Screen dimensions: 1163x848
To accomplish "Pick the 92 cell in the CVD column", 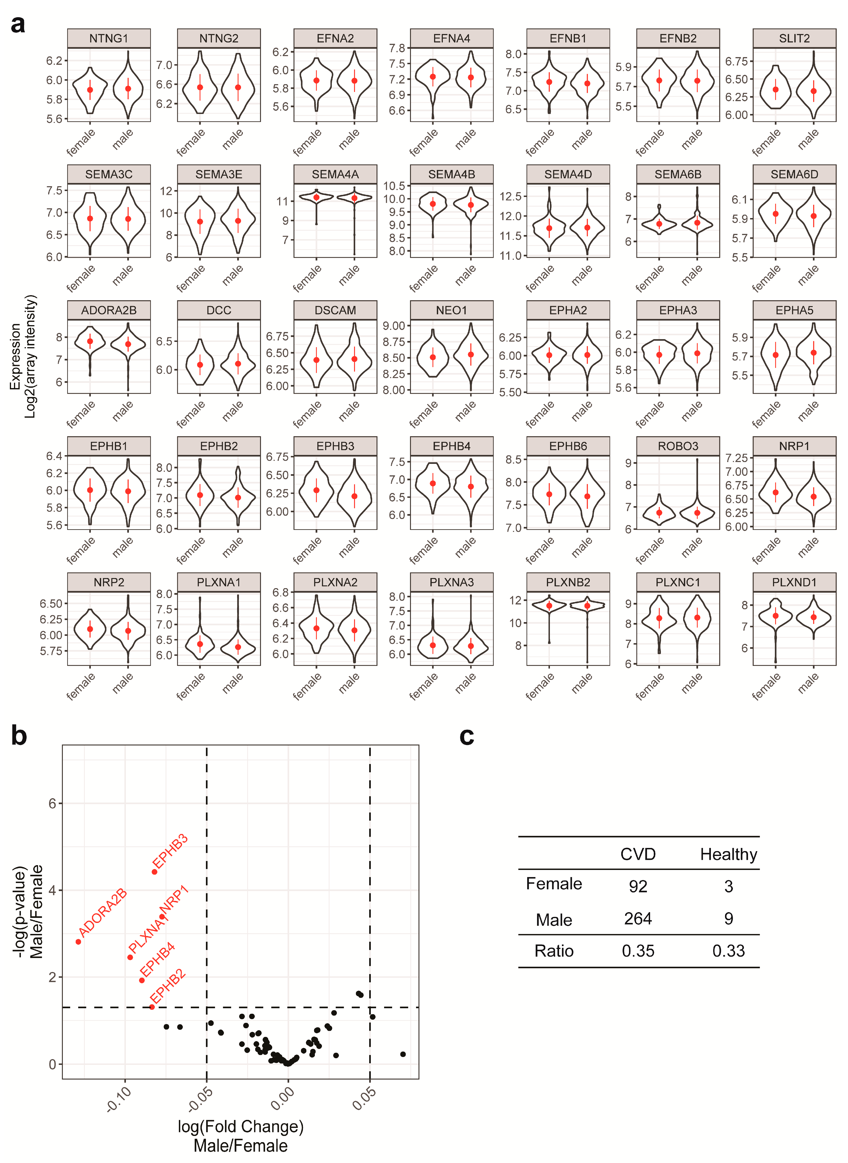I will (x=638, y=886).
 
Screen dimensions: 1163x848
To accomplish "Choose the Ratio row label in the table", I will (x=554, y=951).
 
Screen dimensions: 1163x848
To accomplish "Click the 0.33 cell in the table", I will (x=728, y=951).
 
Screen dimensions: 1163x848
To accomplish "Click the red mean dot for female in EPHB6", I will (x=549, y=494).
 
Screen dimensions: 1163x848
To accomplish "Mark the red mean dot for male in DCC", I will (x=238, y=363).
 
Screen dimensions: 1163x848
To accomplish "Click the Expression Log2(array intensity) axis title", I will (x=23, y=357).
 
